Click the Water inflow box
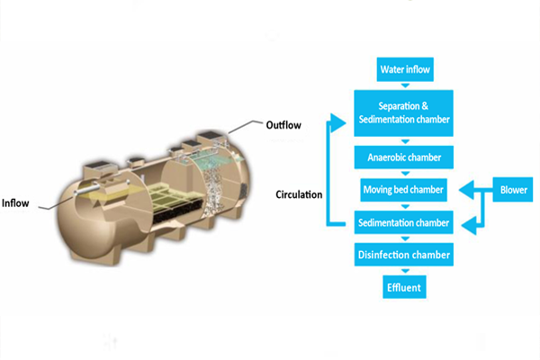[x=403, y=69]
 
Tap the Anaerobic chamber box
[x=403, y=157]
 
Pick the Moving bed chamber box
[x=403, y=190]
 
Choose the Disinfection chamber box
[x=403, y=256]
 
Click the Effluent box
[x=403, y=288]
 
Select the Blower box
[x=512, y=190]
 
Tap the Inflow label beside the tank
[x=18, y=202]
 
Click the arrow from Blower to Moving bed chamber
[x=470, y=190]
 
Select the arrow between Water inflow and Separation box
[x=403, y=85]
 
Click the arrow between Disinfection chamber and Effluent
[x=403, y=272]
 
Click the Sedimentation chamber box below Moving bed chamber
[x=403, y=222]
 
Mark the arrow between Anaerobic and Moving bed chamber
[x=403, y=174]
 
